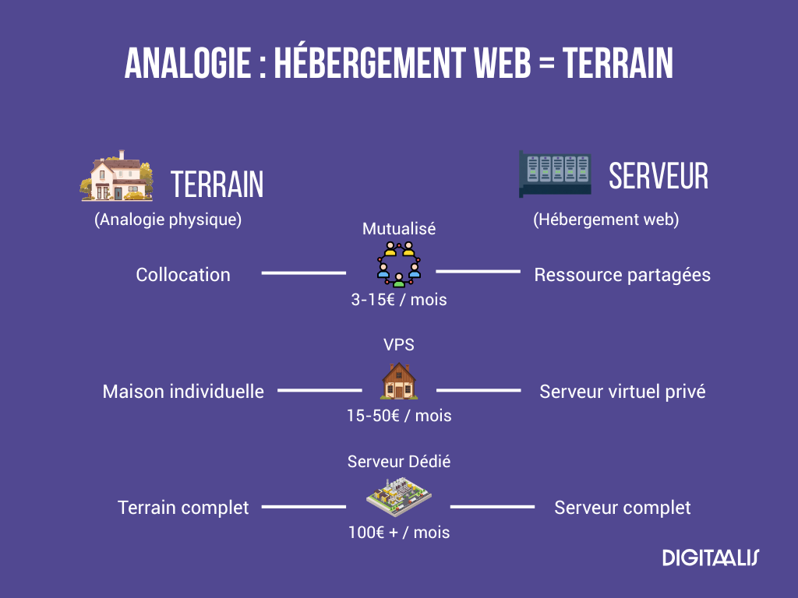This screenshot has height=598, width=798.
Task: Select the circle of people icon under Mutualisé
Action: coord(398,264)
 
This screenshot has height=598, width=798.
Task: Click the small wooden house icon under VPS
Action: coord(398,382)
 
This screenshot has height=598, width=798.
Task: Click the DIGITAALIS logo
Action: coord(710,558)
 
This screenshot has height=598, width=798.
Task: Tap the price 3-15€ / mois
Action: coord(399,299)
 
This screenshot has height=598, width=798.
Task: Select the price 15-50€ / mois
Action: coord(399,416)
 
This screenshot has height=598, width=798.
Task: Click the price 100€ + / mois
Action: coord(399,533)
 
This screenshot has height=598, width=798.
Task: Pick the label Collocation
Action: coord(183,275)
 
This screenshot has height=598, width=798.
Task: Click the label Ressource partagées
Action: coord(622,275)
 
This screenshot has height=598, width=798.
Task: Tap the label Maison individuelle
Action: coord(183,391)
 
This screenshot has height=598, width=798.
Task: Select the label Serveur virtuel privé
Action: coord(622,391)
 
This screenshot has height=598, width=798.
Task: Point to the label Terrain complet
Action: coord(183,508)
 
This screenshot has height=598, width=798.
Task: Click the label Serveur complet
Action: coord(622,508)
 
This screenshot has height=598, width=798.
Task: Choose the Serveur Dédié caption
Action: coord(399,462)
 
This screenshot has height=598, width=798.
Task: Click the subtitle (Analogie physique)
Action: coord(168,220)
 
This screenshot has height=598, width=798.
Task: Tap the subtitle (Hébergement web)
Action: coord(606,220)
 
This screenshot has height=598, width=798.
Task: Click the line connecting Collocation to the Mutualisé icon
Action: coord(303,273)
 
